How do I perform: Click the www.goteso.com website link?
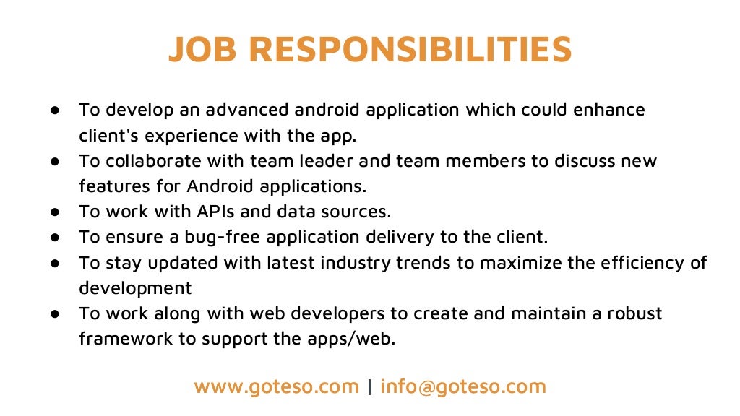[276, 386]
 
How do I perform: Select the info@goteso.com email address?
[463, 386]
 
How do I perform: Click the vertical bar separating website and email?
[370, 386]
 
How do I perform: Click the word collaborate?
[152, 161]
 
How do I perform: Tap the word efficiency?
[636, 263]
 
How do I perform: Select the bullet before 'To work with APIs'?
[55, 212]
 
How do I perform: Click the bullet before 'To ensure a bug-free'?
[55, 238]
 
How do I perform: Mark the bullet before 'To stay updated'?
[55, 264]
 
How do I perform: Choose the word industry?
[358, 263]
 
